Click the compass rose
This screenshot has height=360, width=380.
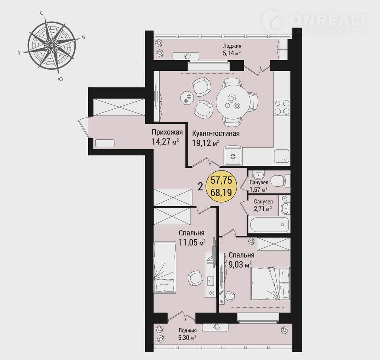coord(51,45)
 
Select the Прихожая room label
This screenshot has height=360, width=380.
coord(167,132)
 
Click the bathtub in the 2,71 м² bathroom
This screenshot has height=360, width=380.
coord(269,225)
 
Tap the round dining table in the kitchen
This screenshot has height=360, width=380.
coord(233,102)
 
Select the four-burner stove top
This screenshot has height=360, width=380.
coord(282,107)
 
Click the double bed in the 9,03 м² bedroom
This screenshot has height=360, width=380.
coord(271,283)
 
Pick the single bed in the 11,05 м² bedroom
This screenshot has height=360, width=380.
coord(165,268)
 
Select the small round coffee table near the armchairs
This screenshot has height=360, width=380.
coord(187,98)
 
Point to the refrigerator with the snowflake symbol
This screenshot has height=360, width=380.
coord(233,155)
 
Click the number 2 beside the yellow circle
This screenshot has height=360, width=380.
coord(200,187)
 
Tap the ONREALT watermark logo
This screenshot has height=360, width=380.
coord(315,21)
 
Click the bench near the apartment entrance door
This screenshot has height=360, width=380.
coord(104,143)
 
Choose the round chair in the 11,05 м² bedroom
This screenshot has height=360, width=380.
coord(195,279)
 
